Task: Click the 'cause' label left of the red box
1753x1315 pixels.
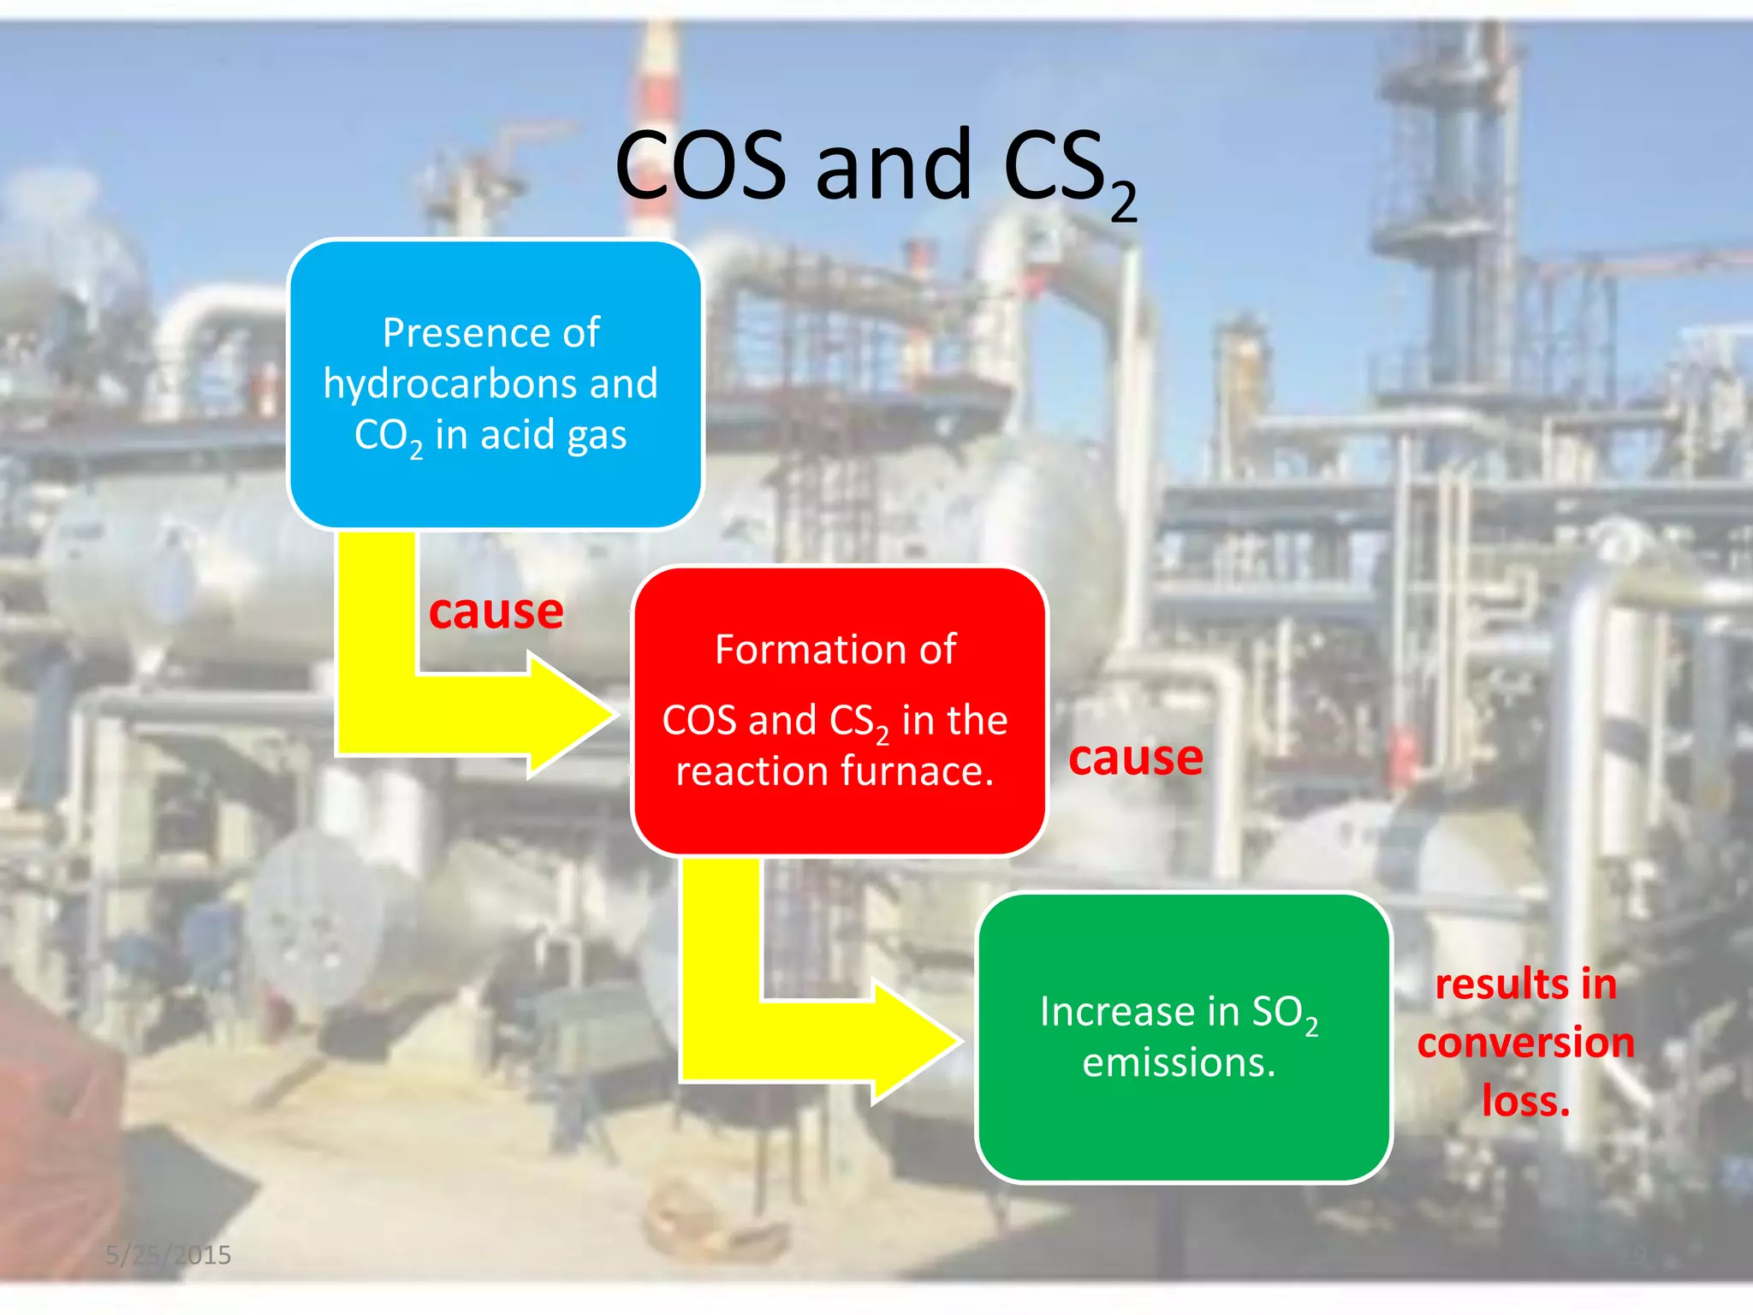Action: pos(496,611)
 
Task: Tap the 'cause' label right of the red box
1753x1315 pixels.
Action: pos(1135,758)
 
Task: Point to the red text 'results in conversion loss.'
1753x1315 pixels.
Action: pos(1525,1042)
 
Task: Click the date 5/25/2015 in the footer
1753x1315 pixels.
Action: pos(168,1254)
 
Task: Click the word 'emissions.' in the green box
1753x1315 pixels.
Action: pos(1179,1063)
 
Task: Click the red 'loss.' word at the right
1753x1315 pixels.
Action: pos(1525,1101)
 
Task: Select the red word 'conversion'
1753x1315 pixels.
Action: pos(1525,1043)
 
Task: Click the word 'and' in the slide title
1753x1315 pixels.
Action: pos(894,167)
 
